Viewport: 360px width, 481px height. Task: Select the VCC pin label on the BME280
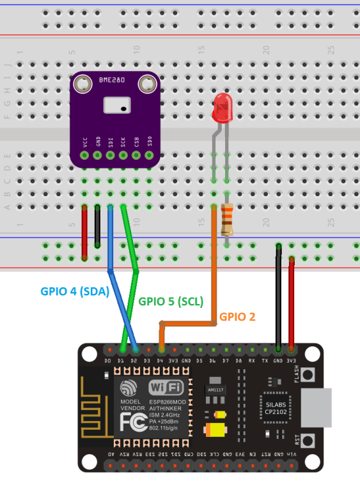84,141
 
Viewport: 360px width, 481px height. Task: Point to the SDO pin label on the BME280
149,141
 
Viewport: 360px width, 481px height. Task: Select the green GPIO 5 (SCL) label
171,300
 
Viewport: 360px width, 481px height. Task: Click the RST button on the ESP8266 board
309,441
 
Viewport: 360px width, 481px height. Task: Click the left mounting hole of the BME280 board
81,83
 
